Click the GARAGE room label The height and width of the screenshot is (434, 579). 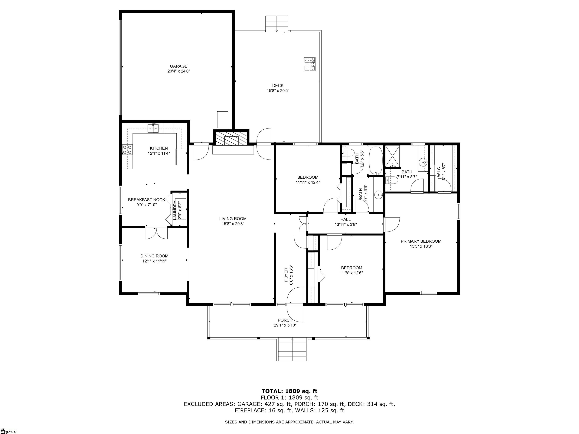click(x=178, y=66)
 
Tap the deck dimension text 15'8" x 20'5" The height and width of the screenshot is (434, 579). click(x=278, y=91)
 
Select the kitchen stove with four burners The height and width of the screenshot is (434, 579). click(x=127, y=150)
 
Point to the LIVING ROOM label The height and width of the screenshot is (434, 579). click(x=233, y=219)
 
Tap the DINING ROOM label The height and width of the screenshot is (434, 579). click(x=154, y=256)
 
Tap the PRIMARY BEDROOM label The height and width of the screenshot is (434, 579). click(x=421, y=241)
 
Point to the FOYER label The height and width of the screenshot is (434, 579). click(x=286, y=275)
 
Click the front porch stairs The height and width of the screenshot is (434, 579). click(x=292, y=349)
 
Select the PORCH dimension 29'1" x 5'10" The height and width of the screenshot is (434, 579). click(x=285, y=325)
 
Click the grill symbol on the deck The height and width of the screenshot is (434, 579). click(x=309, y=64)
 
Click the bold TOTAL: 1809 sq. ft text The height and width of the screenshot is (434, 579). click(x=289, y=391)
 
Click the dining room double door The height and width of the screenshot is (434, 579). click(x=156, y=233)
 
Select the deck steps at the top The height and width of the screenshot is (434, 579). click(x=277, y=24)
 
